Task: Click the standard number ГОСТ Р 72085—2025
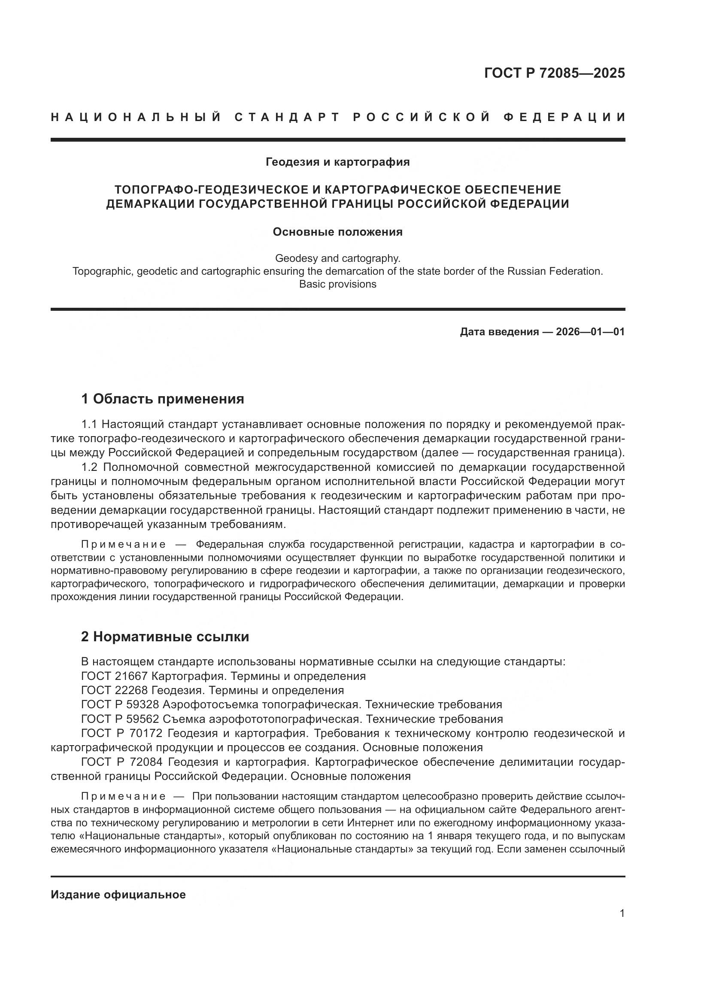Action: [554, 73]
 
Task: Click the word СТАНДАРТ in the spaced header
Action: [287, 117]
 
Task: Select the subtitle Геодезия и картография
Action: [337, 162]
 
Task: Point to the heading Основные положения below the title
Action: [337, 232]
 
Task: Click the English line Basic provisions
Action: [337, 284]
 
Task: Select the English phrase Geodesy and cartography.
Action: [337, 258]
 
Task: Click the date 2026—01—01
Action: [590, 332]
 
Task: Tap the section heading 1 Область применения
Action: [162, 399]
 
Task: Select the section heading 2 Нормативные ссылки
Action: [165, 637]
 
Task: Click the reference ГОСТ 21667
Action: [115, 676]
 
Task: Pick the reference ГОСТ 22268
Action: [115, 690]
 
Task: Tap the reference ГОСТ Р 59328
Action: [120, 704]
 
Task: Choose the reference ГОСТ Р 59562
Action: [120, 719]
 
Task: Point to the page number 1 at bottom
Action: [622, 913]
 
